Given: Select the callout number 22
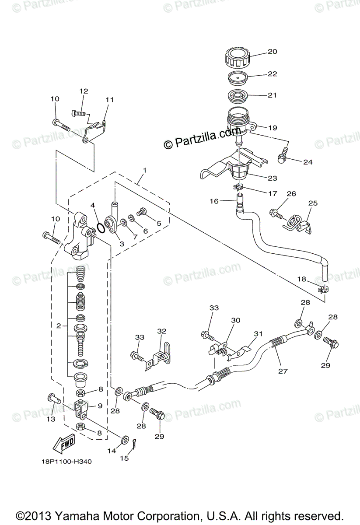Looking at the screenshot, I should coord(272,74).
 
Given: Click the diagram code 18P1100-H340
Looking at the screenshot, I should coord(65,461).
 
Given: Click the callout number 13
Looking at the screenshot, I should coord(51,419).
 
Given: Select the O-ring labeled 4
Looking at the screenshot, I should coord(100,227).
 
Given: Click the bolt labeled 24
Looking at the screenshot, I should coord(282,153).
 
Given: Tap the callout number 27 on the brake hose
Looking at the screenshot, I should coord(283,371).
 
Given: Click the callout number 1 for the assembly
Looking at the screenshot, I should coord(145,170).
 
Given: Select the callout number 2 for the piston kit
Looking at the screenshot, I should coord(58,325).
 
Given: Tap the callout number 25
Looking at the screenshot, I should coord(312,203).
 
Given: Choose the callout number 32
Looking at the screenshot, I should coord(162,331).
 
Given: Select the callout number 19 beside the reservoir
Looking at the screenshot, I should coord(272,128).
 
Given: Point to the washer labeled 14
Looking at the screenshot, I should coord(124,438).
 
